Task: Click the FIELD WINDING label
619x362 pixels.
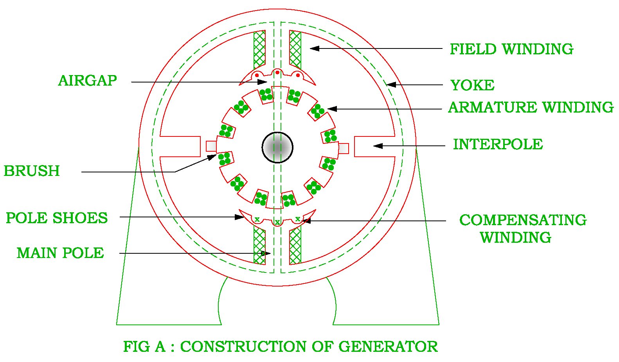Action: (x=511, y=49)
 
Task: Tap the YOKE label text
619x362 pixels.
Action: (x=472, y=85)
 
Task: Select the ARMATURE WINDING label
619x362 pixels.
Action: (x=531, y=107)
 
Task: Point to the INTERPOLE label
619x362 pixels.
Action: (x=498, y=144)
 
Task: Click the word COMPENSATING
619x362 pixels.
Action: (x=523, y=220)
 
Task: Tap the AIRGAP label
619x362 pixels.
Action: (x=87, y=81)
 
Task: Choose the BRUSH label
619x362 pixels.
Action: (x=32, y=171)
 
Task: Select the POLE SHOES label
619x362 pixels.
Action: (x=57, y=218)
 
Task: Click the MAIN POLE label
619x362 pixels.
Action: (x=60, y=253)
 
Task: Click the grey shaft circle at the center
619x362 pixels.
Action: (x=277, y=147)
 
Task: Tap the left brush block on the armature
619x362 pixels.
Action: (x=211, y=146)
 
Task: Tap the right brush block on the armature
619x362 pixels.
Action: (x=344, y=149)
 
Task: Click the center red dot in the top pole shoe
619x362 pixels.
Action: (x=277, y=72)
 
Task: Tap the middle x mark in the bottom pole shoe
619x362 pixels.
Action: (x=277, y=222)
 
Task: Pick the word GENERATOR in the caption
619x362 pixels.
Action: (x=388, y=347)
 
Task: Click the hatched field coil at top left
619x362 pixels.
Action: (x=259, y=50)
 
